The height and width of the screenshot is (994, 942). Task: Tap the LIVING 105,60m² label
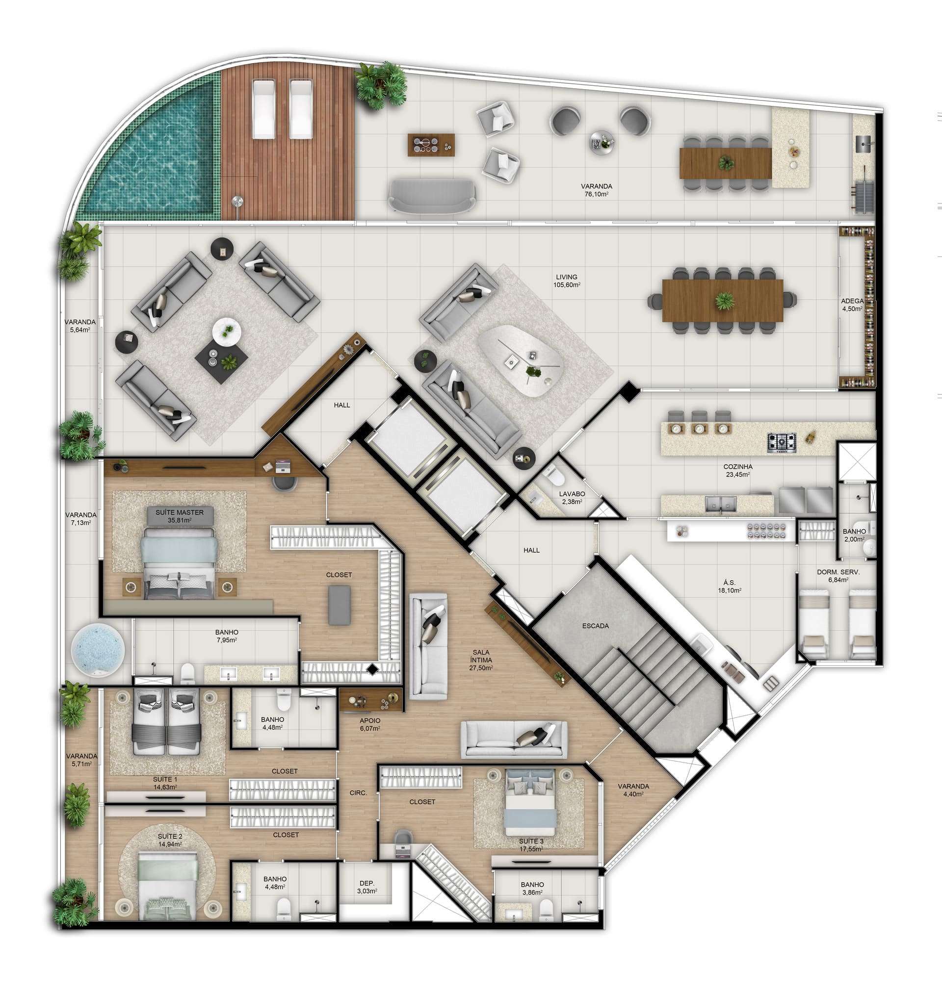[567, 280]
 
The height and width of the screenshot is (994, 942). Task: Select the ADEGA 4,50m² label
[852, 305]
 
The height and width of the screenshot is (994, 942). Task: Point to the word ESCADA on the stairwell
[596, 626]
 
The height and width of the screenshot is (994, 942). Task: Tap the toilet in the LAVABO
[555, 475]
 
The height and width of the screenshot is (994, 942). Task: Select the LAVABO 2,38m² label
[572, 497]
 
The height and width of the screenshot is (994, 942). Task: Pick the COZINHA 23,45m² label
[737, 470]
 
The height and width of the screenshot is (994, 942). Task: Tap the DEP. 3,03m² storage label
[367, 887]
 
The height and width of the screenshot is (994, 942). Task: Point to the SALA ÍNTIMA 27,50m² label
[481, 660]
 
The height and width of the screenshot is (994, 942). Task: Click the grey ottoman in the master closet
[340, 605]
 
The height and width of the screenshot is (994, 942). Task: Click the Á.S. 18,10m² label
[730, 586]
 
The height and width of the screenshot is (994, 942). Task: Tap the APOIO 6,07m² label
[370, 724]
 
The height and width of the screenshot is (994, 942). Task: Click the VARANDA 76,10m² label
[597, 190]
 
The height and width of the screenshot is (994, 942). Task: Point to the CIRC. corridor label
[359, 793]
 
